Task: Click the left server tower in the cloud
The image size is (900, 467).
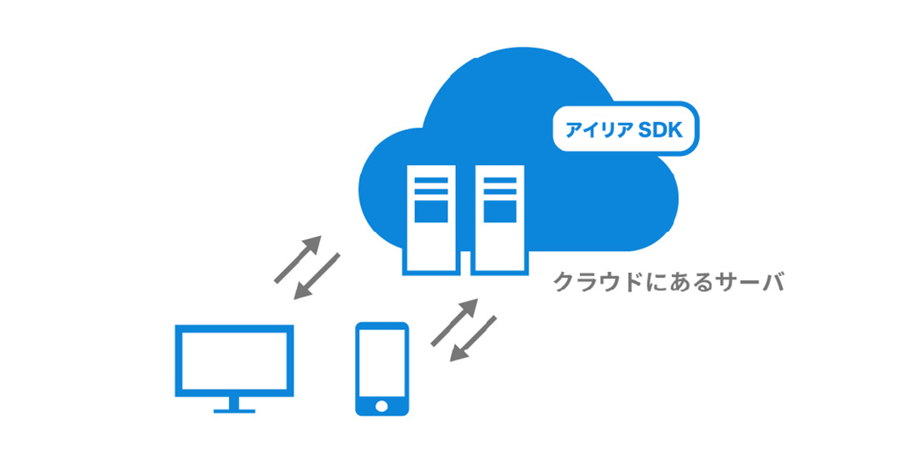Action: [x=430, y=218]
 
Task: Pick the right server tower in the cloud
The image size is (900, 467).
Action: [x=499, y=218]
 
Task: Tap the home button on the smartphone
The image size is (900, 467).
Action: [x=382, y=405]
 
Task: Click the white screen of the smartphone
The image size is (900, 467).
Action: [x=382, y=363]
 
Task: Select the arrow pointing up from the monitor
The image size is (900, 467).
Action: [x=297, y=259]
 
